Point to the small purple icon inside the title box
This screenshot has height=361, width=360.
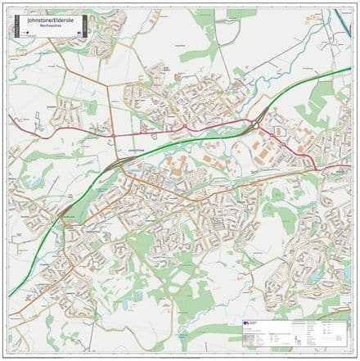[80, 26]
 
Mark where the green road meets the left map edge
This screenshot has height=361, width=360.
[10, 295]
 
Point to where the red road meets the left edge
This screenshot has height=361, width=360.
[10, 124]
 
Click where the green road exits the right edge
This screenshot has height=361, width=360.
[349, 69]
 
